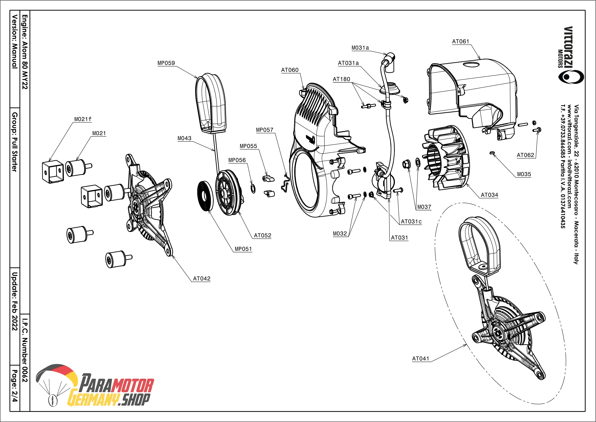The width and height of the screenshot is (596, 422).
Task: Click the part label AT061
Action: coord(461,42)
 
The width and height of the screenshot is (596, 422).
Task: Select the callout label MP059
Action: coord(166,63)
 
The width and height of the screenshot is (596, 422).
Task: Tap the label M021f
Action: coord(83,119)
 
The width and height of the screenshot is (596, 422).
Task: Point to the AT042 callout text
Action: coord(202,279)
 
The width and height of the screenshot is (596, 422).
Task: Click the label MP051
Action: coord(243,249)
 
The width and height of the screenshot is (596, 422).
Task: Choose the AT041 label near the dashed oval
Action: coord(420,359)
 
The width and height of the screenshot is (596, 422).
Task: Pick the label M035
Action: coord(524,174)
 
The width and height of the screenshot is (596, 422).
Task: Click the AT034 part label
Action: coord(489,195)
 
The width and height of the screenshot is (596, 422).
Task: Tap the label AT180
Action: coord(341,79)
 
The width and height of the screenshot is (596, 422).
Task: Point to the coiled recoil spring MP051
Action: coord(205,196)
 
